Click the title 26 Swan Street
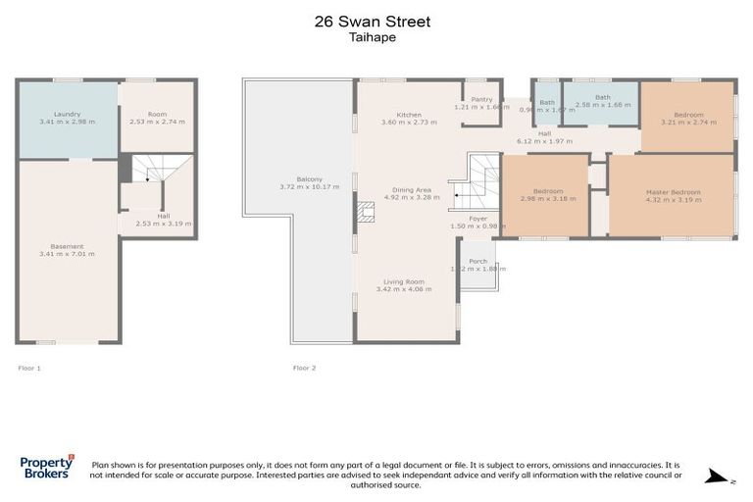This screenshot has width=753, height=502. point(376,20)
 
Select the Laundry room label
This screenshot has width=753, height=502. point(67,115)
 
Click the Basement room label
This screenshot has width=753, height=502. point(67,246)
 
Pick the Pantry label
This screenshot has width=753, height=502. point(480,99)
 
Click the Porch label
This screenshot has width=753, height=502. point(478,261)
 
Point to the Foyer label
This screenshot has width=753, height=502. point(477,219)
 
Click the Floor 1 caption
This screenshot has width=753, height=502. point(29,368)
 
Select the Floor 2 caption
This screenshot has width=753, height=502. point(304,368)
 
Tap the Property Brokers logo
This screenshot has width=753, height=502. point(46,467)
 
